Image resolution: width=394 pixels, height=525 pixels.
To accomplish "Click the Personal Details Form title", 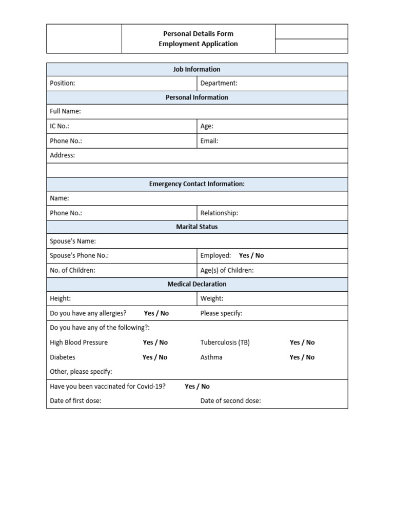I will point(198,34).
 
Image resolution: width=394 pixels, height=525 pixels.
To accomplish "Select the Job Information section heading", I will point(197,69).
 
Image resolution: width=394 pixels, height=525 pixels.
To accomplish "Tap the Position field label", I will point(62,83).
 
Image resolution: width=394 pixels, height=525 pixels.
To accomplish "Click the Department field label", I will point(219,83).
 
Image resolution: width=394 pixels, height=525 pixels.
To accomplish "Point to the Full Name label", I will point(65,111).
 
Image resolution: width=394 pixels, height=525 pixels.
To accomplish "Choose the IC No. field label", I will point(60,126).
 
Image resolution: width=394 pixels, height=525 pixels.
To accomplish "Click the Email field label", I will point(209,141).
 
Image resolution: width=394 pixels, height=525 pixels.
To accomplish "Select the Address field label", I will point(62,155).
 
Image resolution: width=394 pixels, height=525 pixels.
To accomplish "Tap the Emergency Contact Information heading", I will point(197,184).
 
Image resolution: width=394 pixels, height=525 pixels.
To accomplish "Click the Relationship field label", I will point(219,213).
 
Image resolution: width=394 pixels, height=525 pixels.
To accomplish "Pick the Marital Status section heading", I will point(197,227).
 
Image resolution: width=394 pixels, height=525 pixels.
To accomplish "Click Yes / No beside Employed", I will point(251,255).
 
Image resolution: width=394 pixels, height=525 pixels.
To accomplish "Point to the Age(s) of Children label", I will point(227,270).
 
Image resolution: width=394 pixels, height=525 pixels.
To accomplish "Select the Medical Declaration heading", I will point(197,284).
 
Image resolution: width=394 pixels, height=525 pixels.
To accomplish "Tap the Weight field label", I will point(212,298).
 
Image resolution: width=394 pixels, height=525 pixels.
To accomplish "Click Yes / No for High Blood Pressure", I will point(155,342).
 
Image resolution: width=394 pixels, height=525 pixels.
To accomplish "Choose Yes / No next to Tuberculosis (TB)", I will point(302,342).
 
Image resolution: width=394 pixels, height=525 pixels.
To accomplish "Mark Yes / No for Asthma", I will point(302,357).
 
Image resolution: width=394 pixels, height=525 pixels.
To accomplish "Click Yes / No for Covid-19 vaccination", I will point(197,387).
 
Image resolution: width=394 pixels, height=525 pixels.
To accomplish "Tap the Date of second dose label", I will point(230,401).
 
